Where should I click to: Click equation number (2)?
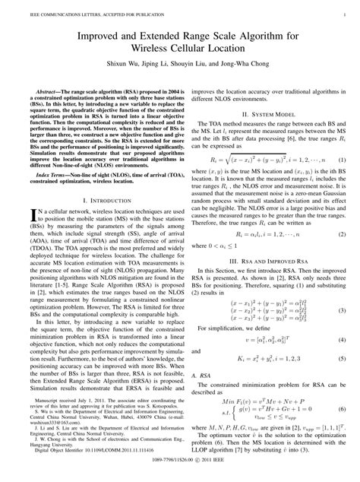tap(342, 236)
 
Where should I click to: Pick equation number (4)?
tap(342, 338)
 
